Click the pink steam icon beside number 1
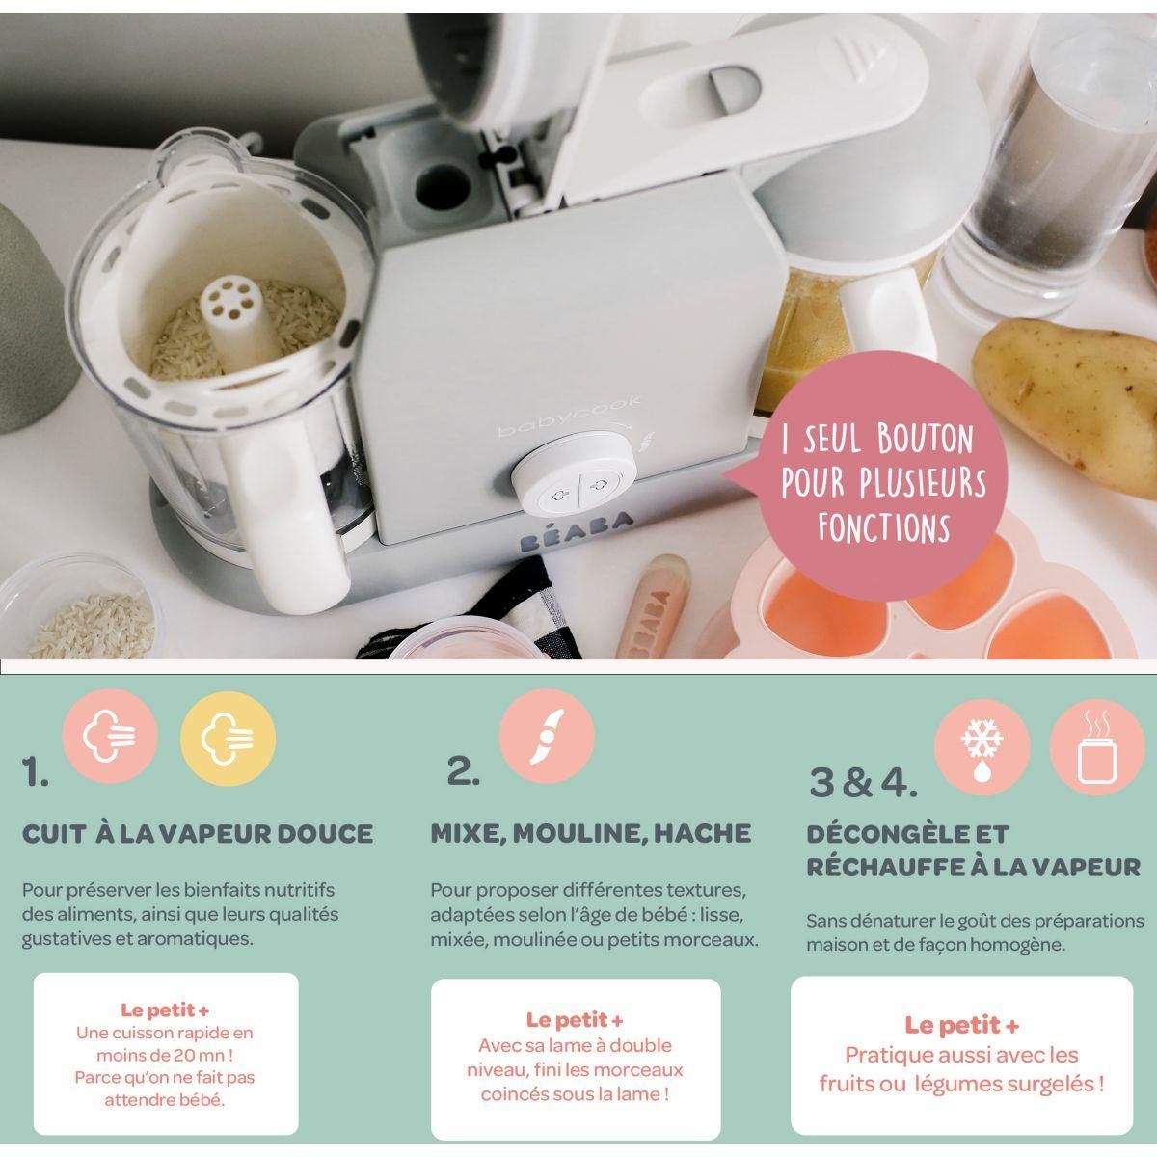tap(110, 739)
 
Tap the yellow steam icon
tap(228, 739)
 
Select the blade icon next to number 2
tap(546, 735)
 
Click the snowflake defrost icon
tap(982, 747)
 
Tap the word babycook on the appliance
tap(553, 423)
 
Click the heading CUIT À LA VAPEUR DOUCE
tap(198, 833)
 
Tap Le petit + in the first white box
tap(165, 1010)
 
